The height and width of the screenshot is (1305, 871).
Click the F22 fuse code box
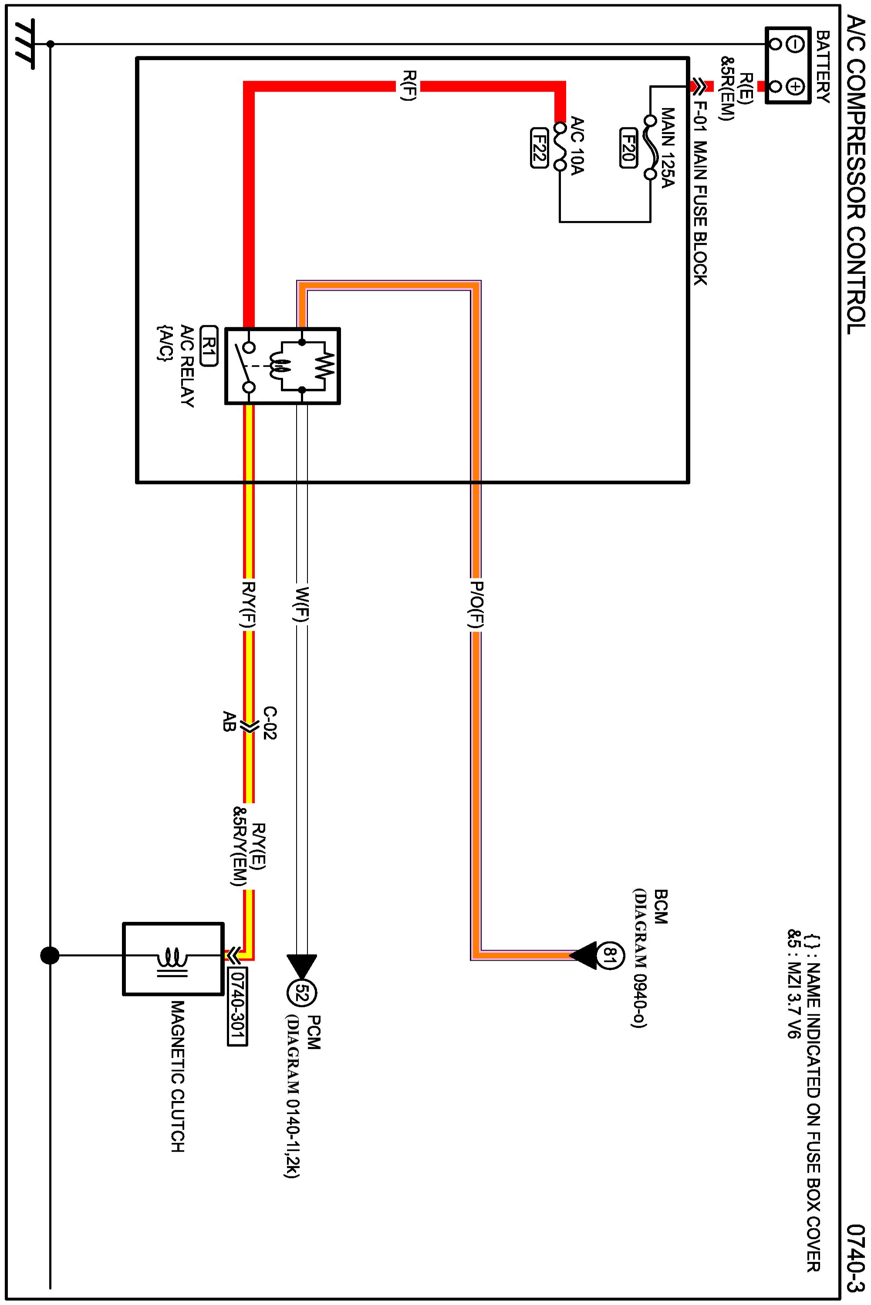pyautogui.click(x=539, y=148)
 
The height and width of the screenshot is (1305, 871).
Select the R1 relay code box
pyautogui.click(x=208, y=345)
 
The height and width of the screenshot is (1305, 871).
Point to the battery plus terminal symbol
pyautogui.click(x=796, y=86)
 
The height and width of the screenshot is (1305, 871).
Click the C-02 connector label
pyautogui.click(x=270, y=723)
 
